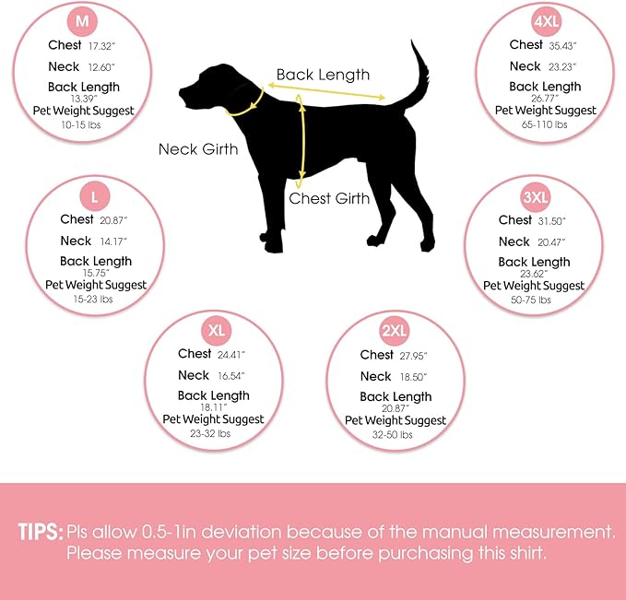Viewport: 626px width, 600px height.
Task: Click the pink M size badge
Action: pyautogui.click(x=82, y=21)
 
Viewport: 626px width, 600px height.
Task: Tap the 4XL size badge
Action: pyautogui.click(x=546, y=21)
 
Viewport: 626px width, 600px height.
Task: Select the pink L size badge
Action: pyautogui.click(x=95, y=196)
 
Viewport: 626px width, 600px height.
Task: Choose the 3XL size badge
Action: pyautogui.click(x=536, y=197)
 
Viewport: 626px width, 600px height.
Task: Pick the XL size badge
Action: pyautogui.click(x=217, y=331)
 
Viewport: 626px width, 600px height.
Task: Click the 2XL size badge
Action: pyautogui.click(x=395, y=331)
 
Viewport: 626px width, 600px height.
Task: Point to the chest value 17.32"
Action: pyautogui.click(x=101, y=46)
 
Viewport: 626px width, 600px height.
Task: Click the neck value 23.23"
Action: pyautogui.click(x=562, y=67)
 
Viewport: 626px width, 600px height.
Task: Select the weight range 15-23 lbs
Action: pyautogui.click(x=93, y=299)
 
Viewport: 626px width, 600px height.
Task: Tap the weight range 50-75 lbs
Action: pyautogui.click(x=531, y=300)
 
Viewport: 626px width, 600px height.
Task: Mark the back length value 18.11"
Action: pyautogui.click(x=214, y=407)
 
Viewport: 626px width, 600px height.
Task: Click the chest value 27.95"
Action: pyautogui.click(x=414, y=356)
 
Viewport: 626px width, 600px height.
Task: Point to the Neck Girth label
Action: pyautogui.click(x=198, y=149)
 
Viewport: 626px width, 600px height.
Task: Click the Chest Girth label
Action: pyautogui.click(x=329, y=198)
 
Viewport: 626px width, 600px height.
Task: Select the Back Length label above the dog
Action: pyautogui.click(x=323, y=75)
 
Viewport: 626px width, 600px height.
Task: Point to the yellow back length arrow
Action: pyautogui.click(x=326, y=91)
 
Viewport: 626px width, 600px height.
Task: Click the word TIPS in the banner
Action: pyautogui.click(x=41, y=532)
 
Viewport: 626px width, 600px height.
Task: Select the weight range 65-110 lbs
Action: pyautogui.click(x=545, y=124)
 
